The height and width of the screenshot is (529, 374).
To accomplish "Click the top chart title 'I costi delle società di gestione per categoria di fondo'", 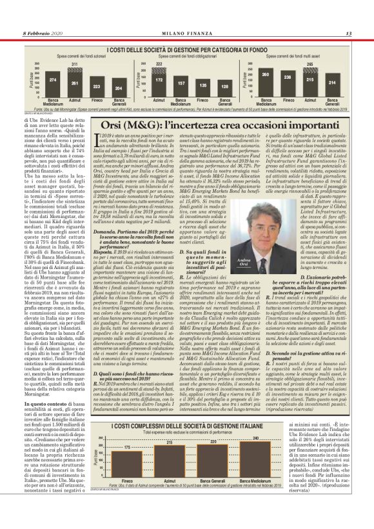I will [186, 50].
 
